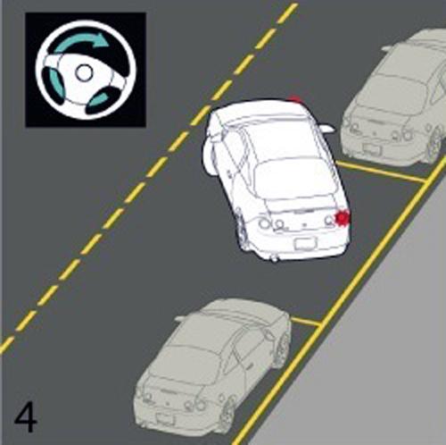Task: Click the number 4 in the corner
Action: coord(26,417)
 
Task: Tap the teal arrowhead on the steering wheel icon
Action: coord(102,40)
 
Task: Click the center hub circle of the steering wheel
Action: coord(84,72)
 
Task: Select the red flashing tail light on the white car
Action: coord(343,218)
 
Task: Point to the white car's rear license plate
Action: coord(305,244)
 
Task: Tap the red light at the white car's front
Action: coord(294,99)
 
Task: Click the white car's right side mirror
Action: coord(327,129)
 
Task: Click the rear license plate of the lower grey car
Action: coord(166,418)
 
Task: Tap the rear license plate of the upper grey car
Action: coord(371,148)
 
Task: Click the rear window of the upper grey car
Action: coord(393,89)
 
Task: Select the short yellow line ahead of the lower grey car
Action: coord(306,322)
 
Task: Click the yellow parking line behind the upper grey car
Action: coord(381,172)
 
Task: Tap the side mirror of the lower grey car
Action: coord(181,318)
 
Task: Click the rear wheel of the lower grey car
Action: coord(229,411)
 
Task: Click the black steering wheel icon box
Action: coord(86,70)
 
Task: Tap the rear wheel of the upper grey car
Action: coord(435,142)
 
